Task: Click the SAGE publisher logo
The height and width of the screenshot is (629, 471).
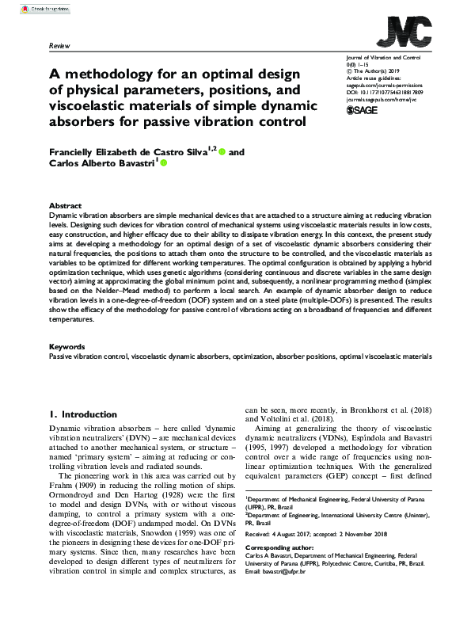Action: (363, 111)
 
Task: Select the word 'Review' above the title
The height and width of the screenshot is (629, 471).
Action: (60, 47)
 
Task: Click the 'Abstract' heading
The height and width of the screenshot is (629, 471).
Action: (65, 204)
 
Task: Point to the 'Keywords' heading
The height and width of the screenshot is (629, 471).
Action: (67, 346)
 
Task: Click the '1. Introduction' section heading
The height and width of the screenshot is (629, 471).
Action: (84, 414)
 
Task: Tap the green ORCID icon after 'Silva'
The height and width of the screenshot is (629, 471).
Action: (222, 151)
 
